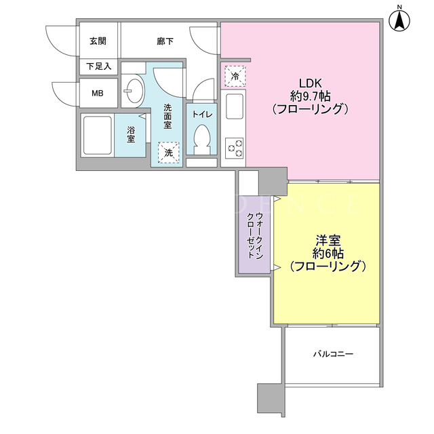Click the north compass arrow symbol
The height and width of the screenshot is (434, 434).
point(399,21)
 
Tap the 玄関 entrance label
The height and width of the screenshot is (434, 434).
point(98,41)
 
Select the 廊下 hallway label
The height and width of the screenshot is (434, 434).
point(165,41)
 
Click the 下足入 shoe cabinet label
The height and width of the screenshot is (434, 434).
point(98,66)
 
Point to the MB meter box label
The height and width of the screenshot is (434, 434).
point(98,94)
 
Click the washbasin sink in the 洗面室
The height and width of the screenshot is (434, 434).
point(134,91)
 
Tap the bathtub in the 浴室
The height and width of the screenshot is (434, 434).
point(98,136)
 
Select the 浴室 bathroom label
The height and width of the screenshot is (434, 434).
point(131,134)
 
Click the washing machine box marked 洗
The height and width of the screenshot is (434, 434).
point(169,152)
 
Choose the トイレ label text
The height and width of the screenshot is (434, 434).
point(202,115)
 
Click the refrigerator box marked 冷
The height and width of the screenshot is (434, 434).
point(235,76)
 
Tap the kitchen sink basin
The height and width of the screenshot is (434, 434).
point(235,106)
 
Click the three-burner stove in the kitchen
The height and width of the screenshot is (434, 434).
point(235,148)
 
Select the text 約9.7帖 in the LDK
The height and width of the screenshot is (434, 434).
point(310,96)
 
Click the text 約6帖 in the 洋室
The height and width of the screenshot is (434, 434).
point(328,253)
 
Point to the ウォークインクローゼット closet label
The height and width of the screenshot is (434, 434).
point(255,235)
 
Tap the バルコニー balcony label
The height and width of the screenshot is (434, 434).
point(333,354)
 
